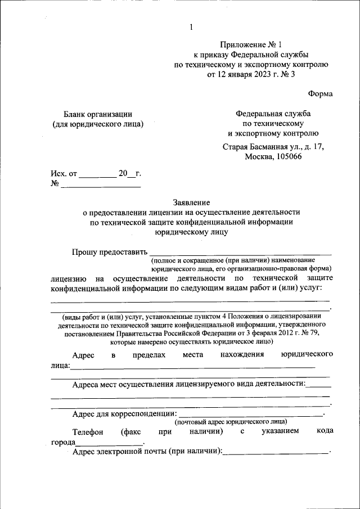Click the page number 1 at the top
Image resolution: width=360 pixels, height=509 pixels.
pyautogui.click(x=191, y=26)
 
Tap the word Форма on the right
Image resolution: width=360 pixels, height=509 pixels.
pyautogui.click(x=321, y=93)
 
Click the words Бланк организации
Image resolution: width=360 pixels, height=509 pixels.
pyautogui.click(x=97, y=114)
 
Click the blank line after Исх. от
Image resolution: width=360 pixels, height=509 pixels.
pyautogui.click(x=97, y=176)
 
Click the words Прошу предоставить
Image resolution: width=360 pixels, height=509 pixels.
pyautogui.click(x=110, y=252)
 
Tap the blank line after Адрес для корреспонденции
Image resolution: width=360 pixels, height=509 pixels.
pyautogui.click(x=251, y=416)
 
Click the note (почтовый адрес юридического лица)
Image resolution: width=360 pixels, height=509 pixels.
pyautogui.click(x=231, y=421)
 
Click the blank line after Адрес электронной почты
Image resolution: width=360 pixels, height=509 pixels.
pyautogui.click(x=276, y=453)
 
